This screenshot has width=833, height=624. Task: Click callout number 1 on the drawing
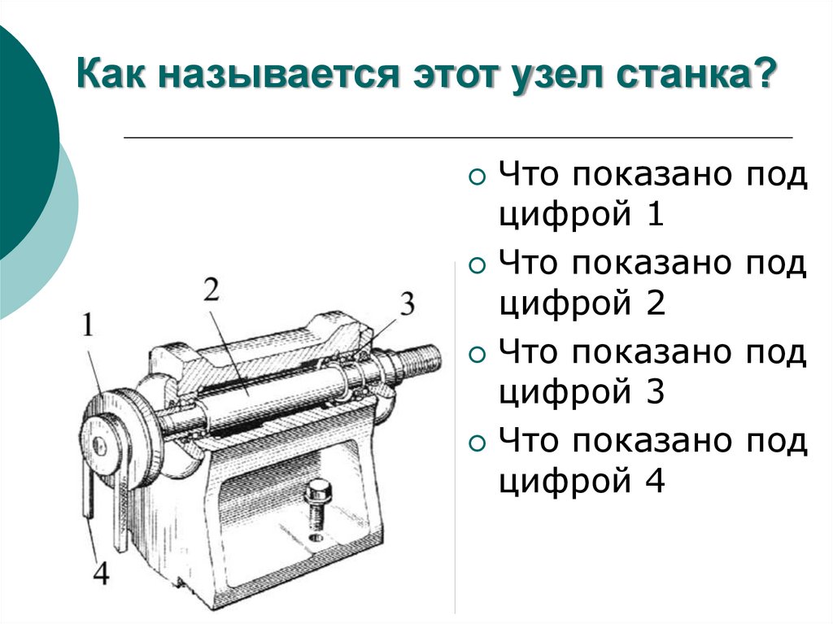(x=88, y=325)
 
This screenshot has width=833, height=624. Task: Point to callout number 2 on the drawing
(x=212, y=290)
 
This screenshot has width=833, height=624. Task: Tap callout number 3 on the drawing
(x=407, y=303)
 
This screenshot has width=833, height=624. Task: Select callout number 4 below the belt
(x=101, y=573)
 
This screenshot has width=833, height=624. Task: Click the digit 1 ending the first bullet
(x=656, y=214)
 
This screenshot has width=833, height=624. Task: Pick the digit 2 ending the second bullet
(x=656, y=303)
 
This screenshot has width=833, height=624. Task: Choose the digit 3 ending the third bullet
(x=656, y=391)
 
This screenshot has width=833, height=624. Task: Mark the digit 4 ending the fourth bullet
(x=655, y=480)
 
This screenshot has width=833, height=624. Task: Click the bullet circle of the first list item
(x=478, y=177)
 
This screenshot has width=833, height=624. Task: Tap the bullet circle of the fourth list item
(x=478, y=443)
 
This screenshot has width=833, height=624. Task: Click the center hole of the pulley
(x=98, y=445)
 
